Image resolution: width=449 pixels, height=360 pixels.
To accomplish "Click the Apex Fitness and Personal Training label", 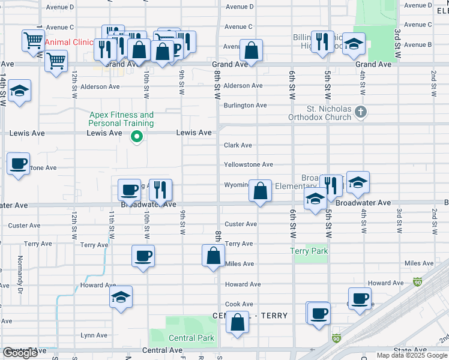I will (x=121, y=119).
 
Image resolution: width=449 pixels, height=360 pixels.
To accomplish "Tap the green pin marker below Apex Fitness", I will (x=137, y=137).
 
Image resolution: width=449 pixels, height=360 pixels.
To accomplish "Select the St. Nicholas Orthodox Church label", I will (x=328, y=113).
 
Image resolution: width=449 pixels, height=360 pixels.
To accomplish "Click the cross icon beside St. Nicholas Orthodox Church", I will (x=360, y=112).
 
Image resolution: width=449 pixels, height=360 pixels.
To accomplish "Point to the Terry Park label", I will (x=309, y=251).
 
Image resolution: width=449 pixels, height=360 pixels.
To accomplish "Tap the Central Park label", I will (x=191, y=338).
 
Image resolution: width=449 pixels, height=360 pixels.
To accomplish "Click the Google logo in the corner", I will (x=20, y=353).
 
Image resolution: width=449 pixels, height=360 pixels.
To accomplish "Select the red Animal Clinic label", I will (x=69, y=42).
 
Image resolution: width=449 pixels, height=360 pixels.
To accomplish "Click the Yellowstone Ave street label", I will (x=248, y=164).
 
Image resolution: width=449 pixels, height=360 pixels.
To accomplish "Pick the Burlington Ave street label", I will (x=245, y=106).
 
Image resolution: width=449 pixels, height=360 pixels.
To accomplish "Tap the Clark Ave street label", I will (x=238, y=145).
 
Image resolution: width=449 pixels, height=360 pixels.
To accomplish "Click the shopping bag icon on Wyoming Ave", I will (x=260, y=191).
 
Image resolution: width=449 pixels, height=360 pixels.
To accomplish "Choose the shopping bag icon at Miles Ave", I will (x=214, y=255).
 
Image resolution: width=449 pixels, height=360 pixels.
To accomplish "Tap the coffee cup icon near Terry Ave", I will (x=143, y=256).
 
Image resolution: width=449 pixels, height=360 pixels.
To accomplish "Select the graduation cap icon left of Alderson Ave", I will (x=20, y=91).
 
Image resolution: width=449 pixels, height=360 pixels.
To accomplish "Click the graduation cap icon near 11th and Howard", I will (x=121, y=297).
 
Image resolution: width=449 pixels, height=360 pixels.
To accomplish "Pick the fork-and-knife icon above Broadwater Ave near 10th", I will (x=160, y=190).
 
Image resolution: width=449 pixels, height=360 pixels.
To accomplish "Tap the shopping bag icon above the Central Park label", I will (x=238, y=322).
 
